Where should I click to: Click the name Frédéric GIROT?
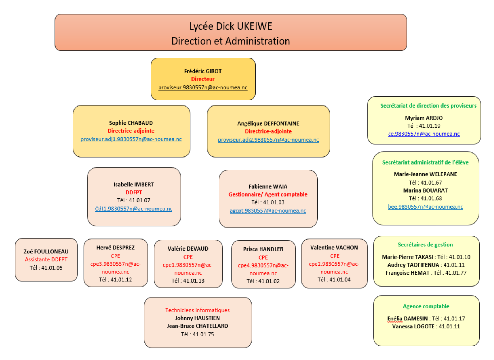[203, 71]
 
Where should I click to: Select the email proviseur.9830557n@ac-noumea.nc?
[203, 88]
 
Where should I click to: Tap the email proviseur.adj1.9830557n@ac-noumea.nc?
[131, 139]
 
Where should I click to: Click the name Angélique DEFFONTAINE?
[268, 123]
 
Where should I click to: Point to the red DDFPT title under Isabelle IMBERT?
[134, 192]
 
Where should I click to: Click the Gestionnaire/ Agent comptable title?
[268, 194]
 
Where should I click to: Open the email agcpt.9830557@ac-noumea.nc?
[268, 211]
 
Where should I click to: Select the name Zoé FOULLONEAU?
[46, 252]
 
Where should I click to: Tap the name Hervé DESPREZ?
[115, 248]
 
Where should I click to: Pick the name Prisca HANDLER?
[263, 249]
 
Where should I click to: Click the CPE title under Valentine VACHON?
[335, 256]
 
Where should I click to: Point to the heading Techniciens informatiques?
[197, 310]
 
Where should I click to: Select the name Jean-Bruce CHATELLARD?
[197, 326]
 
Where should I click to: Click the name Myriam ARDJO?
[424, 118]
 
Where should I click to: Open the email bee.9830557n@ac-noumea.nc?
[425, 207]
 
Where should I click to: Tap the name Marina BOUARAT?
[425, 190]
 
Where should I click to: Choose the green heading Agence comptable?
[426, 306]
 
